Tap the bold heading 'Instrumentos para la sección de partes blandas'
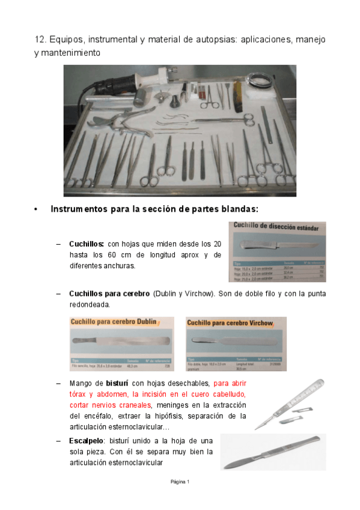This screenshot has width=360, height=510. coord(154,209)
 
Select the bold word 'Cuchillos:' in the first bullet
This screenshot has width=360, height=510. coord(87,244)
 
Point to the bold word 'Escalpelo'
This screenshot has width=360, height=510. coord(88,440)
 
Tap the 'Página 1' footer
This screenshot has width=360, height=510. coord(180,482)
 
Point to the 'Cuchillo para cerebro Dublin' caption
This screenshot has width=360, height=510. coord(113,322)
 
